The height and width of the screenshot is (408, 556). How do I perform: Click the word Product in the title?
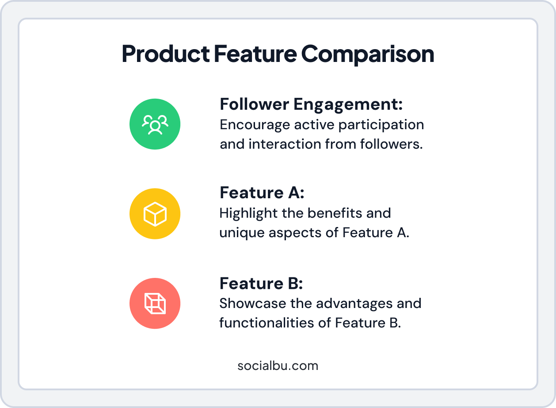coord(165,54)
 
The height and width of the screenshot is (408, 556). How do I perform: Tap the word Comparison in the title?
coord(368,54)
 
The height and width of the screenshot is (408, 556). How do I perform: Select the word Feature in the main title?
coord(255,54)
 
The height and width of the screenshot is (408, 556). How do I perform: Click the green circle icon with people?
coord(155,124)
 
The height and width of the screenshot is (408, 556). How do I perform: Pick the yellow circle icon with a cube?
coord(155,214)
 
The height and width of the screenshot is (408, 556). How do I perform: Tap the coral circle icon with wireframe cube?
coord(155,303)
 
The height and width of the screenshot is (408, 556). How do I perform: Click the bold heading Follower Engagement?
coord(311,104)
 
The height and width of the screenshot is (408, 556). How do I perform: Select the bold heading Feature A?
coord(262,193)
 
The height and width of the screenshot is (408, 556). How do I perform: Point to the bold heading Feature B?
coord(261,283)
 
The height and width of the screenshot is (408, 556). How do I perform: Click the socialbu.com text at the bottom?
coord(278,366)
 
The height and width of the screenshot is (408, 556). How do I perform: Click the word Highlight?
coord(248,213)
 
